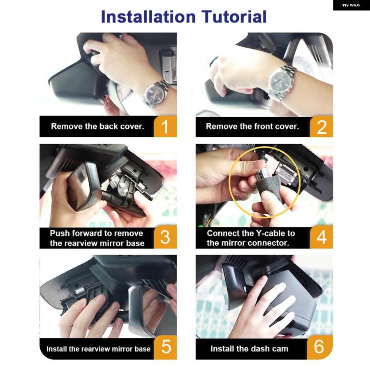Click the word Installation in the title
click(x=148, y=17)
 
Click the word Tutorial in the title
click(x=234, y=17)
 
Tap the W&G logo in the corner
click(x=351, y=5)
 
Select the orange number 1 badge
click(x=165, y=126)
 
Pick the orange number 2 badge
click(x=321, y=127)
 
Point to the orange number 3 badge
click(x=165, y=237)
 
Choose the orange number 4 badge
click(x=321, y=237)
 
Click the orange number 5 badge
click(x=165, y=347)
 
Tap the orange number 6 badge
click(x=320, y=347)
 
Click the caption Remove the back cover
click(x=97, y=127)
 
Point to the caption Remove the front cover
click(x=252, y=127)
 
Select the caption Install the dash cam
click(x=249, y=349)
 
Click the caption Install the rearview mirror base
click(x=98, y=349)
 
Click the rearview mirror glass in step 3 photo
click(x=82, y=186)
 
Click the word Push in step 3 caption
click(x=60, y=234)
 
